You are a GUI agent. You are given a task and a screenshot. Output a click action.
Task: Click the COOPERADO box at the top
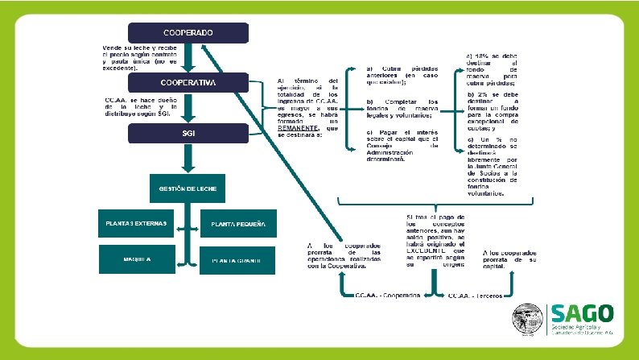[188, 33]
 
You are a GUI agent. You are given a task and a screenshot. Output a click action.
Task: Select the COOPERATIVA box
[188, 83]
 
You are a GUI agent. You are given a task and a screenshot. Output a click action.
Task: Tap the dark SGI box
[188, 133]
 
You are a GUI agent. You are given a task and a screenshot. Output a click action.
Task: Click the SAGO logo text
[581, 313]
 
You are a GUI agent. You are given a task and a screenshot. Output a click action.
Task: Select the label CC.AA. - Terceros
[476, 296]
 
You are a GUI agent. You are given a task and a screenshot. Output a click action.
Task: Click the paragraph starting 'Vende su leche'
[138, 58]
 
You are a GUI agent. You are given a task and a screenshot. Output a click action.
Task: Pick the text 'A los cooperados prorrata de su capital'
[509, 259]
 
